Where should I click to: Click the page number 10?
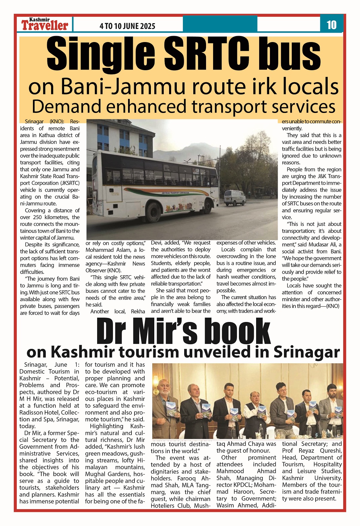(x=331, y=25)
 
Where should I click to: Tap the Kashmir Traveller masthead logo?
(x=45, y=25)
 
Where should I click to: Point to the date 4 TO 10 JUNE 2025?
(x=127, y=26)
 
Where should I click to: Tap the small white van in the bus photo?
(x=234, y=198)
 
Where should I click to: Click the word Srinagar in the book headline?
(x=307, y=352)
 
